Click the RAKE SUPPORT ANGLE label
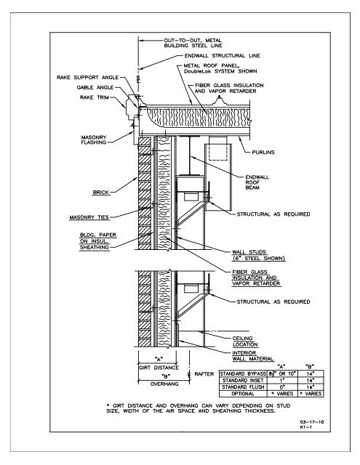point(87,78)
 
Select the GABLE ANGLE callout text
point(95,87)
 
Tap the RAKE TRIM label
point(95,97)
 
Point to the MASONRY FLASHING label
point(94,139)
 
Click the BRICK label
point(101,192)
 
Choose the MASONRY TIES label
point(89,217)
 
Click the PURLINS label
point(263,153)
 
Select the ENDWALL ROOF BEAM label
point(257,182)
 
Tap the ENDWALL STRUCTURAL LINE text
point(223,56)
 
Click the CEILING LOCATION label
point(245,341)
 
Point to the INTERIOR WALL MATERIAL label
point(252,356)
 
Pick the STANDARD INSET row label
point(243,381)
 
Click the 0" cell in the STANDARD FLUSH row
point(282,387)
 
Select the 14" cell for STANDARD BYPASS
point(310,374)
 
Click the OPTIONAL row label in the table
point(243,394)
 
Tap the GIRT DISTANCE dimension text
point(159,368)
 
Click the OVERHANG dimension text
point(164,384)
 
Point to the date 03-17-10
point(311,422)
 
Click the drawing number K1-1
point(305,427)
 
